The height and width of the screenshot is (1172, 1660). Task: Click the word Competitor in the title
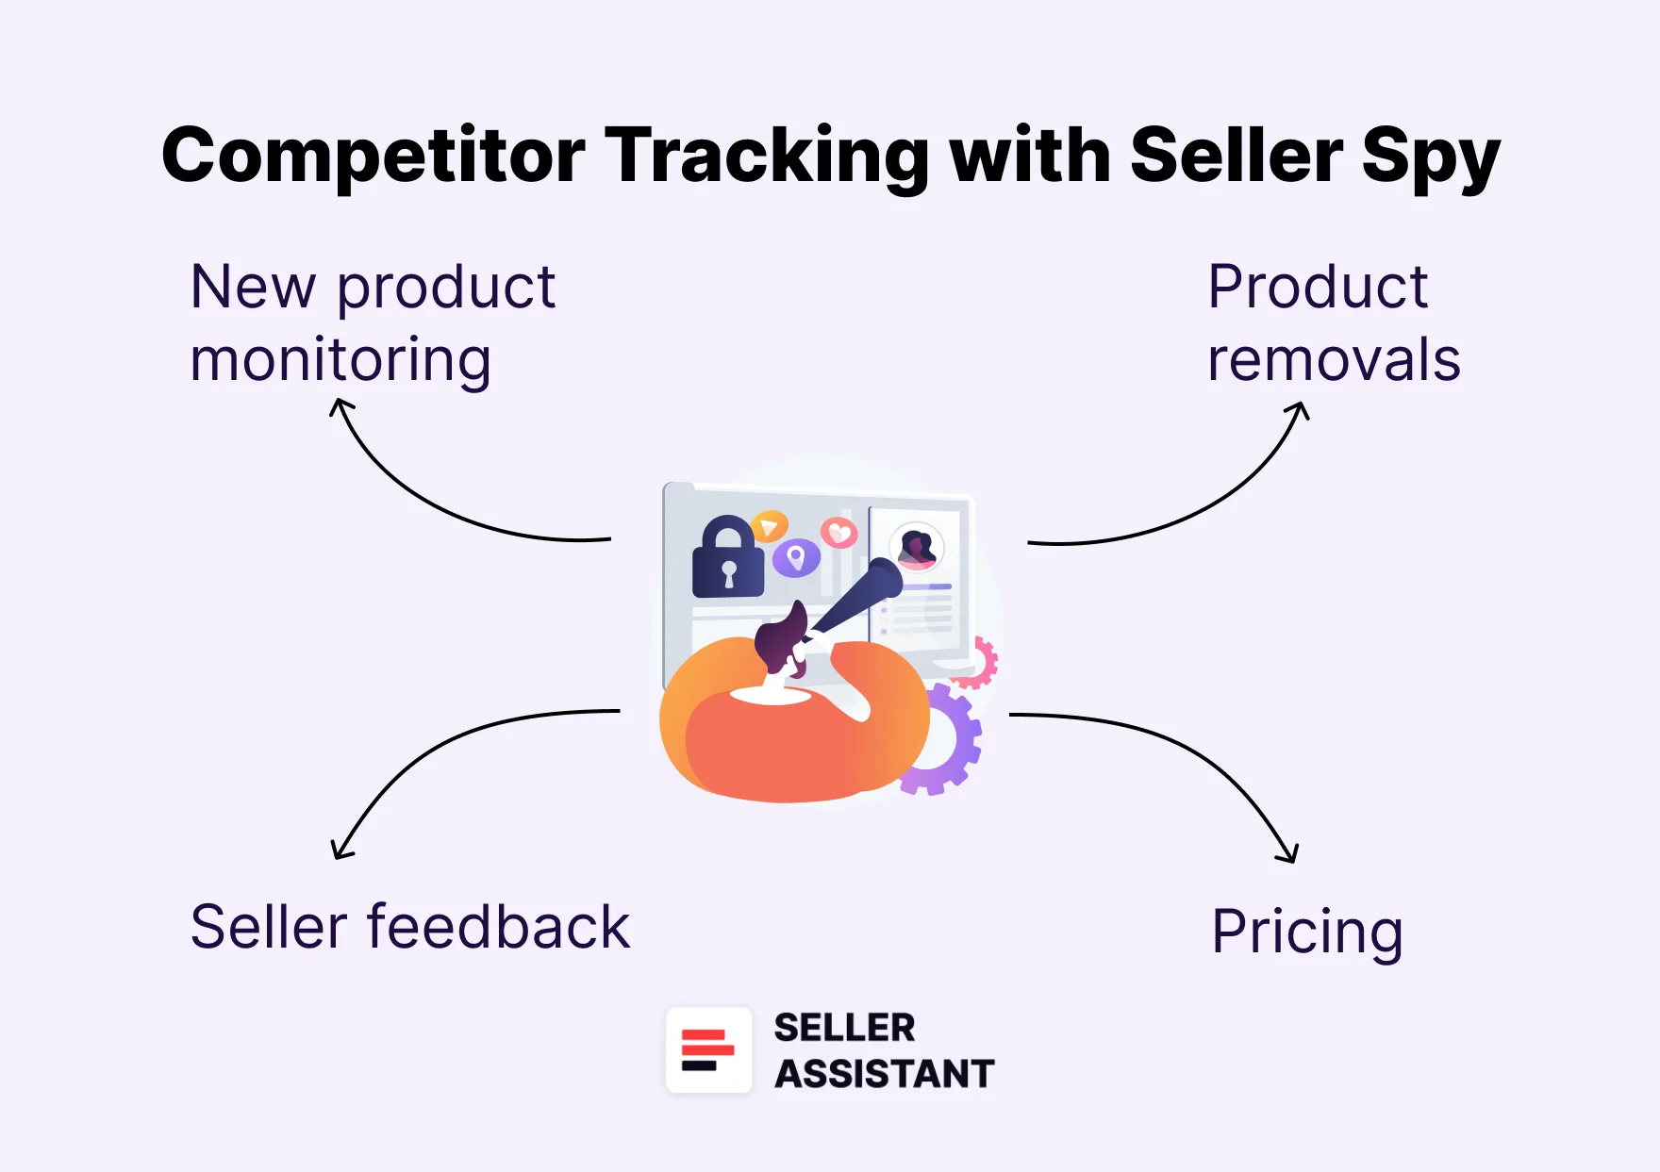tap(373, 157)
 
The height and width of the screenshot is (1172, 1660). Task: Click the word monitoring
tap(340, 361)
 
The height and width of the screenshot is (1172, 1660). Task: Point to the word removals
tap(1334, 360)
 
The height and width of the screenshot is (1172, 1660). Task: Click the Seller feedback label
tap(409, 927)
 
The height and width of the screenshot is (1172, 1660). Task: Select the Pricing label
tap(1307, 932)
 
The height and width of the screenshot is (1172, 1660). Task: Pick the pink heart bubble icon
tap(838, 534)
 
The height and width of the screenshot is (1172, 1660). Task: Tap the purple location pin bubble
tap(796, 558)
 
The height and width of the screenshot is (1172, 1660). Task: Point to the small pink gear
tap(981, 662)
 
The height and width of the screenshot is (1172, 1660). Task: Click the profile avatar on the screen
tap(916, 547)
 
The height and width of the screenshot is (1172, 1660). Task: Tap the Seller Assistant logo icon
tap(708, 1050)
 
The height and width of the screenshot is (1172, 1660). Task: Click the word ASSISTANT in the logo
tap(884, 1074)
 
